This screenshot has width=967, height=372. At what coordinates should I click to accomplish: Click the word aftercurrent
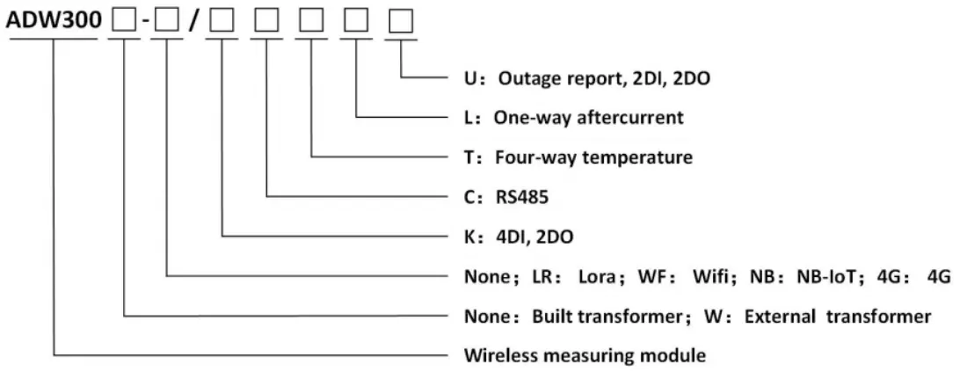[x=629, y=118]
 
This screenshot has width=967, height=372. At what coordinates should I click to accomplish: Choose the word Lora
[x=598, y=276]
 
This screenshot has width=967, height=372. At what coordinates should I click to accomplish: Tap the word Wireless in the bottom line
[x=498, y=355]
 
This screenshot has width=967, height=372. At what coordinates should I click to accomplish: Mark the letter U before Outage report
[x=471, y=79]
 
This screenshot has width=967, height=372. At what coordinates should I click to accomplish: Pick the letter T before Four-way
[x=470, y=158]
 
